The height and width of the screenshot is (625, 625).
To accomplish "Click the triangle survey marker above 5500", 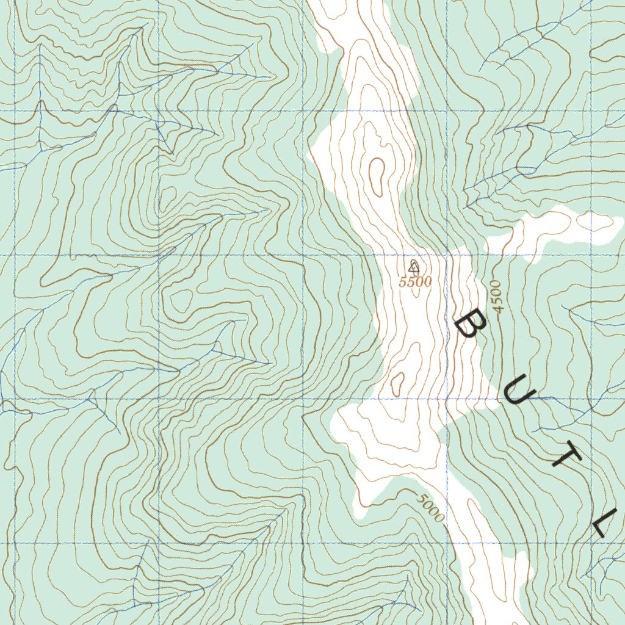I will (x=414, y=266).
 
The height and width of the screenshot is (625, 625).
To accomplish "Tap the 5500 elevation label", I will (x=415, y=281).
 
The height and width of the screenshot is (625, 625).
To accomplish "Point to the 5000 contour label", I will (x=431, y=507).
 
